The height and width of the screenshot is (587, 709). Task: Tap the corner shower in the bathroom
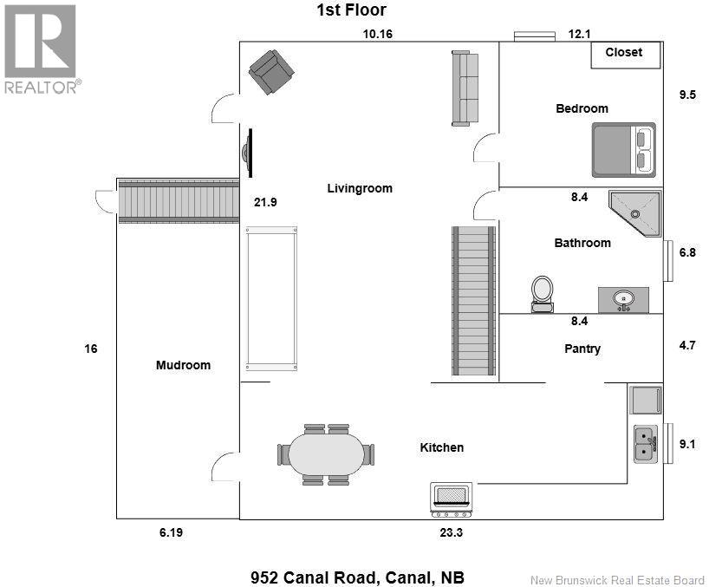636,213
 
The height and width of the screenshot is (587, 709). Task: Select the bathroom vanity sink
622,300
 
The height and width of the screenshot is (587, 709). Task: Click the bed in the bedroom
623,150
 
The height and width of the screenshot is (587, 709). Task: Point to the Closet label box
624,53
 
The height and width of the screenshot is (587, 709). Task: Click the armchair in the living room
270,71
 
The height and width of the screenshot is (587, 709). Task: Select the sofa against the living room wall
465,88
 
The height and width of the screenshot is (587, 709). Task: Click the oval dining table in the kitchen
327,453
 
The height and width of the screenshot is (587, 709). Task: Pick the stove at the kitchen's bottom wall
452,495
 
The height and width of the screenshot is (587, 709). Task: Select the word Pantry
582,349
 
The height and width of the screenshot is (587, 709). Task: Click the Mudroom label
183,365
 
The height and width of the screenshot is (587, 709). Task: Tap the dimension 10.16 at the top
379,34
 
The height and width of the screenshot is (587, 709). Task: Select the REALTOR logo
42,48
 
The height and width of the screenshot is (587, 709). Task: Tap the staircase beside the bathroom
473,301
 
